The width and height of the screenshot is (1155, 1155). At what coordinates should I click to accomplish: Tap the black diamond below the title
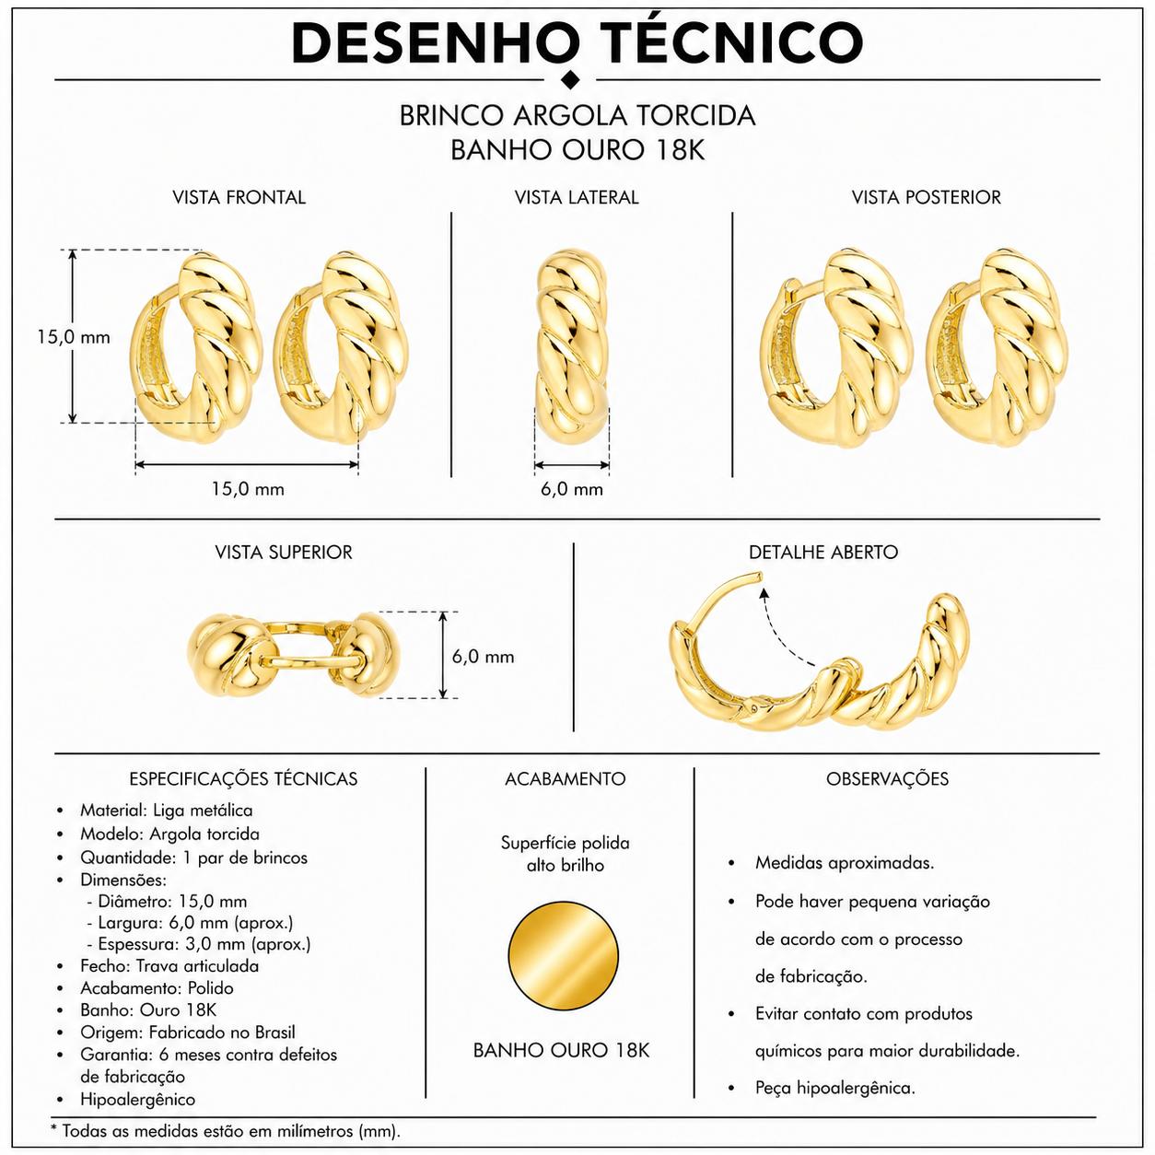(x=572, y=78)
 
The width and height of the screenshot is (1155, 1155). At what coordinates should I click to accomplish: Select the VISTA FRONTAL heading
(x=239, y=197)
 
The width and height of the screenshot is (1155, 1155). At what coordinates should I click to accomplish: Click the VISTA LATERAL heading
(x=577, y=197)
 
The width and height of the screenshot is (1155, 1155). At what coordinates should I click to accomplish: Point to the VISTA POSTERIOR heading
(x=926, y=197)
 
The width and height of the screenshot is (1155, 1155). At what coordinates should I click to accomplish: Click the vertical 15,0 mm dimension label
(x=74, y=337)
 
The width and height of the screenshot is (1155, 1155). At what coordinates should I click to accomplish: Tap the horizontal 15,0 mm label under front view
(x=248, y=489)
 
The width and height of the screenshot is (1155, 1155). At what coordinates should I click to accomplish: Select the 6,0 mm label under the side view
(x=572, y=489)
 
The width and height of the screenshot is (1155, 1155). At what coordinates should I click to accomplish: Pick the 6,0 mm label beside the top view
(x=484, y=657)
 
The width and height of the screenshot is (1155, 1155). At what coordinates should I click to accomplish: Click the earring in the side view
(x=572, y=346)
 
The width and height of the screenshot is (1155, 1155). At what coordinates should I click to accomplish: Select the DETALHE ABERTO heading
(x=823, y=552)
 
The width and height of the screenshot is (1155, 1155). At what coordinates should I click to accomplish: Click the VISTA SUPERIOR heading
(x=284, y=552)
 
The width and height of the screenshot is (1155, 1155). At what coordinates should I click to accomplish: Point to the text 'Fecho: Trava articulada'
(x=169, y=965)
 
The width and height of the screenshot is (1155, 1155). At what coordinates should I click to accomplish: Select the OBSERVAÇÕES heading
(x=887, y=778)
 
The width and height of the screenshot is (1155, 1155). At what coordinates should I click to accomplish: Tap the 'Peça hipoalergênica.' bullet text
(x=834, y=1088)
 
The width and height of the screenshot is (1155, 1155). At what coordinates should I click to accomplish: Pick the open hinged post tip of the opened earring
(x=758, y=576)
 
